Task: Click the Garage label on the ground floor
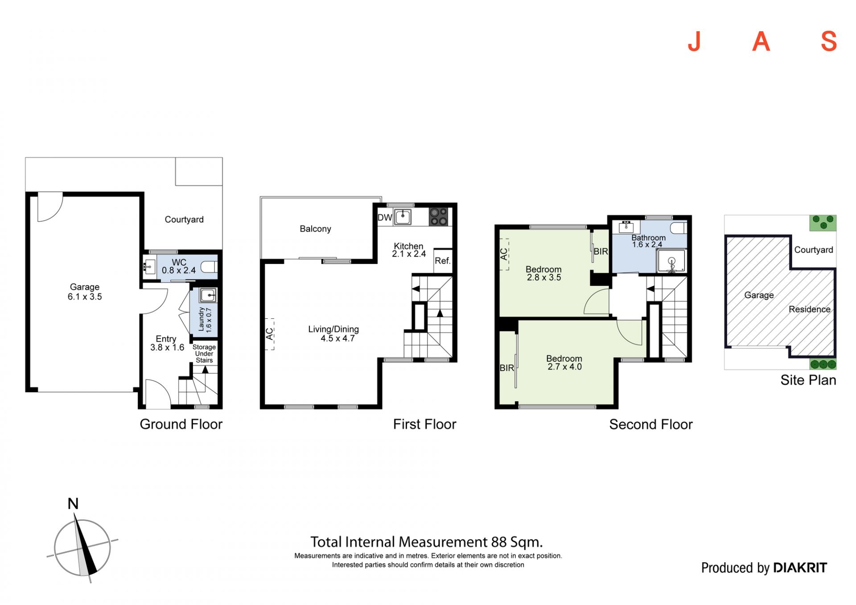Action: (85, 287)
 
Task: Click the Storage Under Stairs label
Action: (204, 354)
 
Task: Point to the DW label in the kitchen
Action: (385, 218)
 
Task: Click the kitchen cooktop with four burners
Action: (438, 217)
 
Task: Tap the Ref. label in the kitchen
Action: (443, 261)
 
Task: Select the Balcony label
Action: (315, 229)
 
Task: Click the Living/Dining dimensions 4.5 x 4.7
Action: (337, 339)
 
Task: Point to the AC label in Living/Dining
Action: (269, 334)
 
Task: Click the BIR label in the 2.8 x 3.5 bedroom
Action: (601, 251)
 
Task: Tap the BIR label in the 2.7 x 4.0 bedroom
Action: (507, 368)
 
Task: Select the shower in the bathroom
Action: (671, 261)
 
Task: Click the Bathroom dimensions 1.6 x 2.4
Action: (647, 245)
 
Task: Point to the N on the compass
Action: (73, 504)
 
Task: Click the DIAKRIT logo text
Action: (800, 568)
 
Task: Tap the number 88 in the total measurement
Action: (499, 542)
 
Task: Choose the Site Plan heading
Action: (808, 380)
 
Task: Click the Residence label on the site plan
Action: (810, 309)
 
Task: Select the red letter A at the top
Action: (761, 42)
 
